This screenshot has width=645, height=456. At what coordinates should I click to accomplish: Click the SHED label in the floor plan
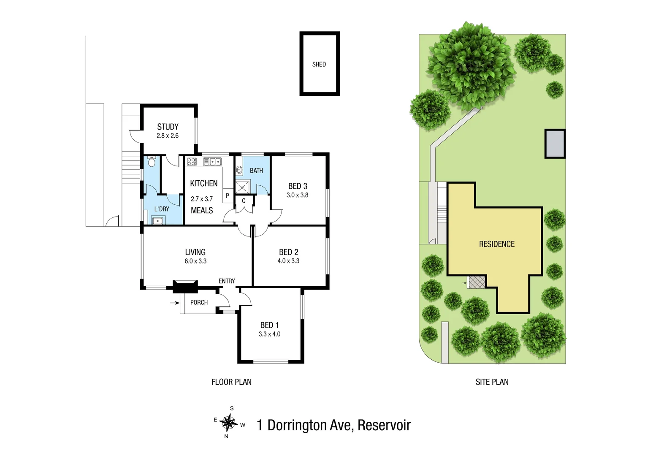(x=319, y=64)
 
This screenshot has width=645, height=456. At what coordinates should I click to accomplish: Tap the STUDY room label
(x=168, y=127)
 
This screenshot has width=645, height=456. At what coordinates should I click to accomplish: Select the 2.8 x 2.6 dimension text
(x=168, y=136)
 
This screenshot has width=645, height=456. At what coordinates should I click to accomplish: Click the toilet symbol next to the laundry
(x=152, y=162)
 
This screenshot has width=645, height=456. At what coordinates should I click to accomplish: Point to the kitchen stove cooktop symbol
(x=192, y=161)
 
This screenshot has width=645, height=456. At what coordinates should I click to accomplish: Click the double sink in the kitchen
(x=212, y=161)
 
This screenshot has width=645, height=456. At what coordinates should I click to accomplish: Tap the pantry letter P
(x=228, y=195)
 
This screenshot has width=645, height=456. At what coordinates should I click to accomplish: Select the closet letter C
(x=244, y=201)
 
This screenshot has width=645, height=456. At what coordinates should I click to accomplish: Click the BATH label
(x=256, y=171)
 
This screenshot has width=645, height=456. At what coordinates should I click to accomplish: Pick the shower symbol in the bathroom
(x=243, y=186)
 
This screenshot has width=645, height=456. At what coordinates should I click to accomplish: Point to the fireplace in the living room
(x=185, y=286)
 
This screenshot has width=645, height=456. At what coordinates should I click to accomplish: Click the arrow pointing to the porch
(x=174, y=303)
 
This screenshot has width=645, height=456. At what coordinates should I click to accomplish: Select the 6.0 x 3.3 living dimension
(x=195, y=261)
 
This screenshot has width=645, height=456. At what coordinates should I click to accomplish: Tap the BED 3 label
(x=298, y=186)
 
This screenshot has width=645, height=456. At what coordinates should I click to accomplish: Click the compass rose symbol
(x=229, y=422)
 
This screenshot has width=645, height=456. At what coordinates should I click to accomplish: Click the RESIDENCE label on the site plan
(x=496, y=244)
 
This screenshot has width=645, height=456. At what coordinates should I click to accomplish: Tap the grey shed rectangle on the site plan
(x=555, y=144)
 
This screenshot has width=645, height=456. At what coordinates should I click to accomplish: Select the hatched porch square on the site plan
(x=477, y=282)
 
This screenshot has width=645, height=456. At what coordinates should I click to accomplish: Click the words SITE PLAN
(x=492, y=382)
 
